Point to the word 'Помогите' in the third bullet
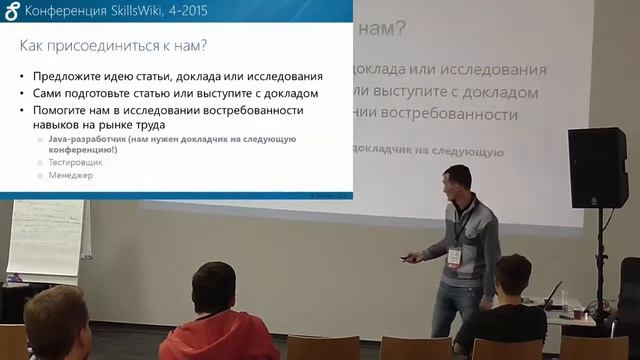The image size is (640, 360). tap(63, 111)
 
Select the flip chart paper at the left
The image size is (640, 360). tap(44, 240)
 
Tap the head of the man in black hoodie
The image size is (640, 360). tap(513, 276)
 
